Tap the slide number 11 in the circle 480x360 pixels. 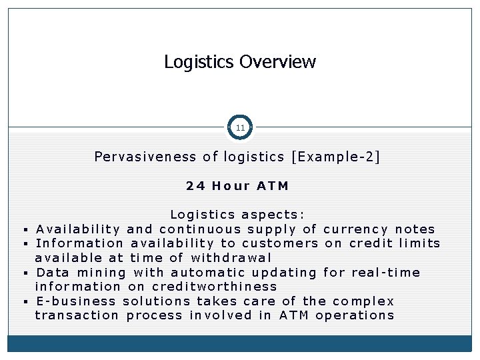240,127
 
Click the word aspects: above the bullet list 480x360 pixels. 275,215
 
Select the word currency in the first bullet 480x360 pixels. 355,229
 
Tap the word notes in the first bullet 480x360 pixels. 415,229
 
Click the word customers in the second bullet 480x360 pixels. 280,243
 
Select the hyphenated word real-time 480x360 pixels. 390,272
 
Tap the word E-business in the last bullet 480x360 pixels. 77,301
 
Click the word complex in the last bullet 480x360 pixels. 363,301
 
